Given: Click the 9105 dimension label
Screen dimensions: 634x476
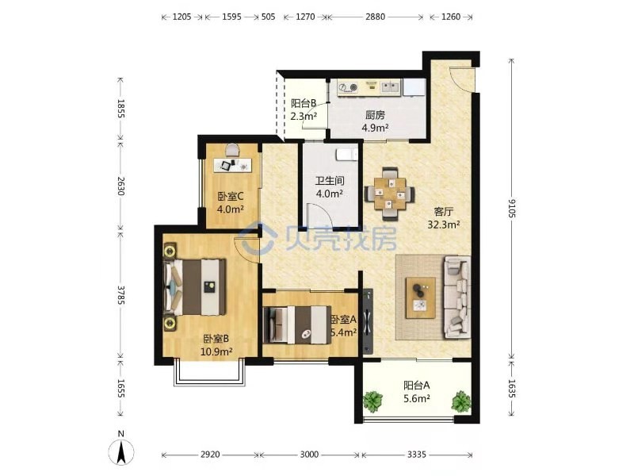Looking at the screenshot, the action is coord(512,208).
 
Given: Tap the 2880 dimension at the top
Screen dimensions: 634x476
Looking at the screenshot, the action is coord(375,17).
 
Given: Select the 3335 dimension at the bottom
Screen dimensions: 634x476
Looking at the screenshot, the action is coord(417,455).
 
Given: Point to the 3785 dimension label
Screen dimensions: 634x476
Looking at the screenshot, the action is coord(121,295).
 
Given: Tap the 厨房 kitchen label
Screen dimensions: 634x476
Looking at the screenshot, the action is coord(375,115).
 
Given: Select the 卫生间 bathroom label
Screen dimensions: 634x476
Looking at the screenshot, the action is coord(330,181).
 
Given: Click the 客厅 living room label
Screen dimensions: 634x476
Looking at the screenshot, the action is coord(444,212).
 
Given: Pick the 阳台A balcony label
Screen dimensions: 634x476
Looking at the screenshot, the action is coord(417,385).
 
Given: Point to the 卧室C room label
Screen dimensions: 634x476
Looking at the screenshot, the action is coord(231,197).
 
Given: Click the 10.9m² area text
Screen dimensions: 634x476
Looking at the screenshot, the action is coord(216,351).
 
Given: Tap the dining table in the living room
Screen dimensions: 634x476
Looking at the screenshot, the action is coord(389,194).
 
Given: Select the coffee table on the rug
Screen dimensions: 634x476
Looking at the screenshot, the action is coord(421,297).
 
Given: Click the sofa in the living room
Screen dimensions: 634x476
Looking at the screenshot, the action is coord(457,297).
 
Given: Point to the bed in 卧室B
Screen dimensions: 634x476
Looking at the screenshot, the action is coord(194,287).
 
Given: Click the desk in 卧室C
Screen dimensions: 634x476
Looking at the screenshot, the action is coord(232,165).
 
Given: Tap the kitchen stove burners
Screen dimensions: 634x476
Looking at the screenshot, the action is coord(348,86).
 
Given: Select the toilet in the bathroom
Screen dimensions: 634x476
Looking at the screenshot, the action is coord(347,154).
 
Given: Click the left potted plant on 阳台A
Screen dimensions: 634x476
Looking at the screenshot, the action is coord(372,401).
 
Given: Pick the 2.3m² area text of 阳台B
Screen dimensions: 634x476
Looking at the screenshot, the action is coord(304,117).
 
